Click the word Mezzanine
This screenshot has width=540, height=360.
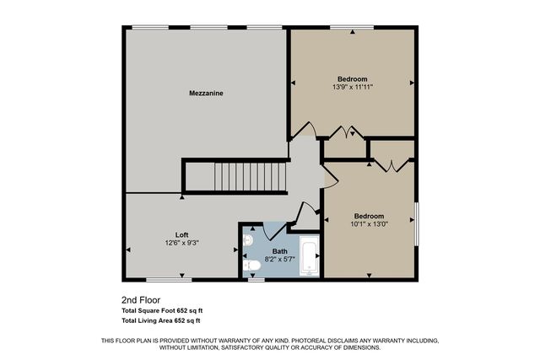click(x=205, y=93)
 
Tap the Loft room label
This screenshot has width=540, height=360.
click(x=181, y=234)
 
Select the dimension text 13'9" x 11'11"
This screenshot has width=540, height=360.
click(x=353, y=86)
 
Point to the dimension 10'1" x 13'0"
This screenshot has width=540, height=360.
click(x=369, y=223)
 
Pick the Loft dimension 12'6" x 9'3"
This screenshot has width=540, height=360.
click(x=181, y=243)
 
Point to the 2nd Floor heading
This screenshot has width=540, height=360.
click(x=141, y=299)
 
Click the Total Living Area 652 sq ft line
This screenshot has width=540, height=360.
click(x=161, y=320)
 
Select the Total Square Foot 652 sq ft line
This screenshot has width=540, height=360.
click(x=162, y=310)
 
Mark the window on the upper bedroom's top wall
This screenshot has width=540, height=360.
click(x=352, y=28)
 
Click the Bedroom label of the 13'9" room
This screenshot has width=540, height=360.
click(x=353, y=78)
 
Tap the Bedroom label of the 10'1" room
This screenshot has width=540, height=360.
click(x=369, y=215)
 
